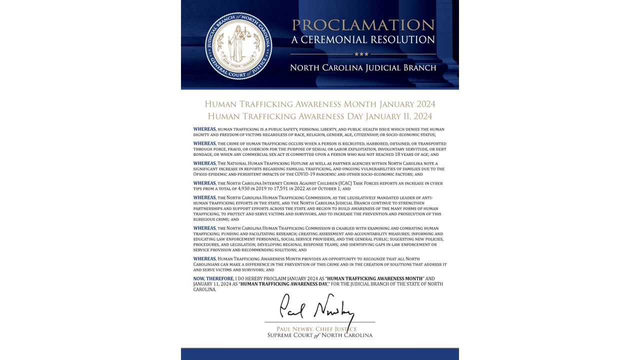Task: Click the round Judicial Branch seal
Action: tap(238, 45)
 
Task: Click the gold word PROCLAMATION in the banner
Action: tap(363, 25)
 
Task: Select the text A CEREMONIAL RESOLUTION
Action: tap(363, 39)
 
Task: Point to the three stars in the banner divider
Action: tap(361, 54)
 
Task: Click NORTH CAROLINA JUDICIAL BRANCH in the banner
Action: tap(363, 67)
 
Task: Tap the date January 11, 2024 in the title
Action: tap(398, 116)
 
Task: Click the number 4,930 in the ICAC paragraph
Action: tap(239, 189)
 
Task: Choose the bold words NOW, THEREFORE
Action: tap(213, 278)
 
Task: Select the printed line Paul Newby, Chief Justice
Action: tap(319, 329)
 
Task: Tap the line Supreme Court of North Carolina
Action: tap(319, 335)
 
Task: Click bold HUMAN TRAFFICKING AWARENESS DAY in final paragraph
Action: tap(283, 284)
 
